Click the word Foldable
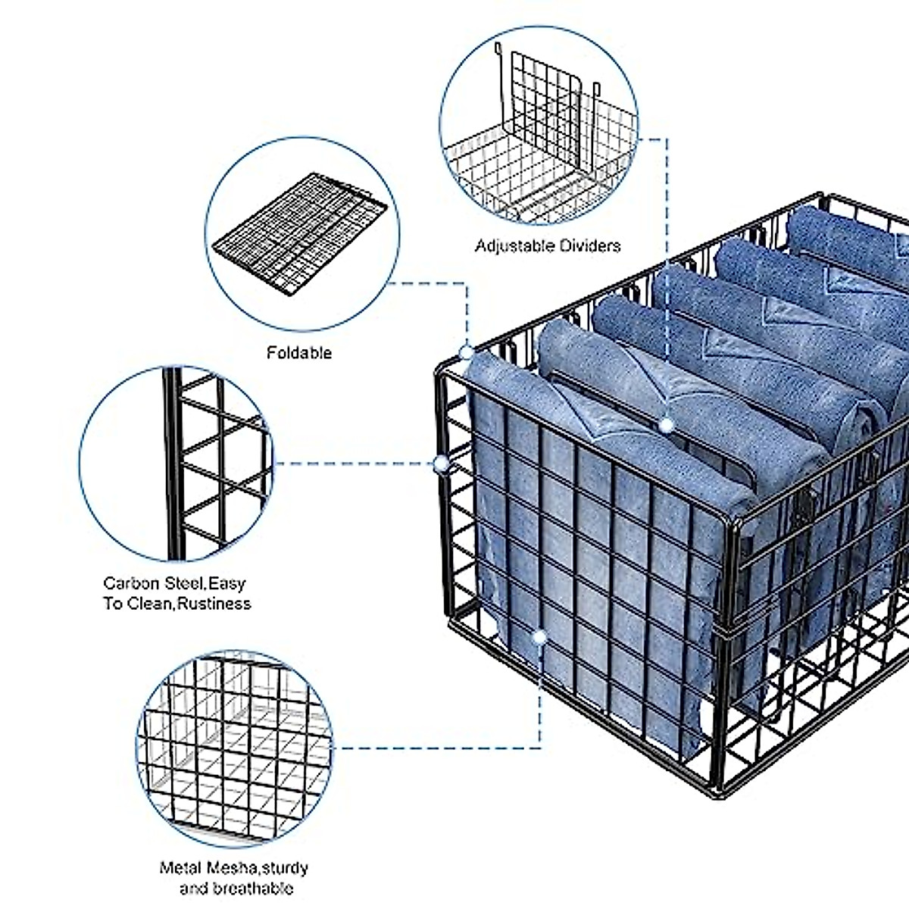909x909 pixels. (x=299, y=353)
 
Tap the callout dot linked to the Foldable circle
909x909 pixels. (x=467, y=352)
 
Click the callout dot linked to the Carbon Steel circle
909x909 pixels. (x=440, y=464)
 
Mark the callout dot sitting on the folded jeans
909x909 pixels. (x=666, y=426)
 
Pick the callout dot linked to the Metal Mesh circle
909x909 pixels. (x=539, y=638)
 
